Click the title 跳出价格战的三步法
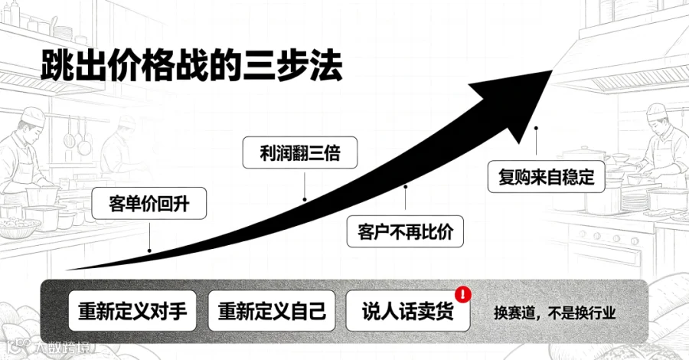pos(192,66)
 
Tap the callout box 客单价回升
pos(149,204)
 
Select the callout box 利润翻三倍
pos(300,152)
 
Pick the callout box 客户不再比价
pos(405,231)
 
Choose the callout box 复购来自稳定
pos(546,177)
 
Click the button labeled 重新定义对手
pos(132,311)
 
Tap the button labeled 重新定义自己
pos(272,311)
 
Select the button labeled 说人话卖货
pos(408,311)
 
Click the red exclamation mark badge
pos(463,294)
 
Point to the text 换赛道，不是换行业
pos(554,313)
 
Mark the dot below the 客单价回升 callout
pos(149,251)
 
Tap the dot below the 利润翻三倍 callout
pos(305,200)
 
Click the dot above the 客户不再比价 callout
pos(406,187)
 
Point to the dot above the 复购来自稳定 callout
pos(536,129)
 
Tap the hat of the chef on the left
pos(33,116)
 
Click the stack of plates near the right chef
pos(635,201)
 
